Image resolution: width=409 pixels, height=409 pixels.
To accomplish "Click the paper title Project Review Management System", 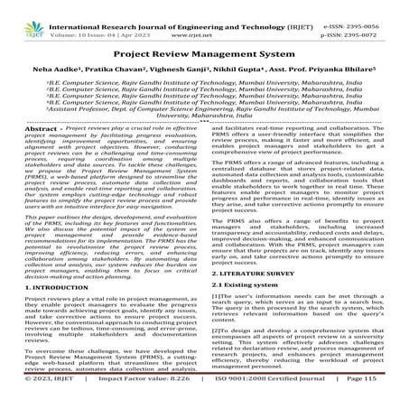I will click(204, 52).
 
